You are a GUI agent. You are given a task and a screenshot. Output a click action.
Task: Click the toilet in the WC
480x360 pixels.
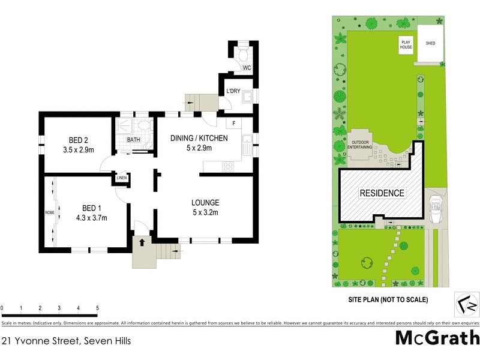243,58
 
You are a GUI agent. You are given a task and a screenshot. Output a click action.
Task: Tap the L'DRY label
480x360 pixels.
233,92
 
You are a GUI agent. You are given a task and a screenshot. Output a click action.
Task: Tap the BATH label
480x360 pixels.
133,140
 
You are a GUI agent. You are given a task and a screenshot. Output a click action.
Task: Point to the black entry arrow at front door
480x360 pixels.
142,242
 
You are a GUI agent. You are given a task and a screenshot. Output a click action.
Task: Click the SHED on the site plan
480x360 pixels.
430,44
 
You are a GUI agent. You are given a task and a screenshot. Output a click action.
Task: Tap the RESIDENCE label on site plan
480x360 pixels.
382,193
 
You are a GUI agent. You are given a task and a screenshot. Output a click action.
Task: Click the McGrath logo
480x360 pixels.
437,337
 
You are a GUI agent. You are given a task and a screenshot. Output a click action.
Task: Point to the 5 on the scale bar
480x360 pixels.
97,308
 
